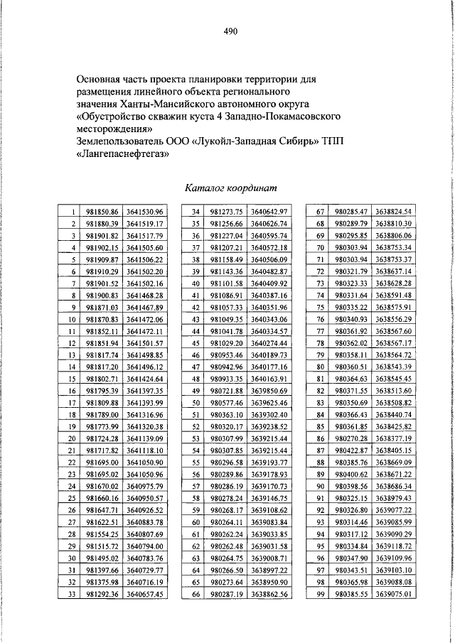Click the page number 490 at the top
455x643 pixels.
229,31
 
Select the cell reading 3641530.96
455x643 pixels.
145,212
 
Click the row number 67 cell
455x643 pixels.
319,212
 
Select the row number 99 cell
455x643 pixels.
319,594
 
